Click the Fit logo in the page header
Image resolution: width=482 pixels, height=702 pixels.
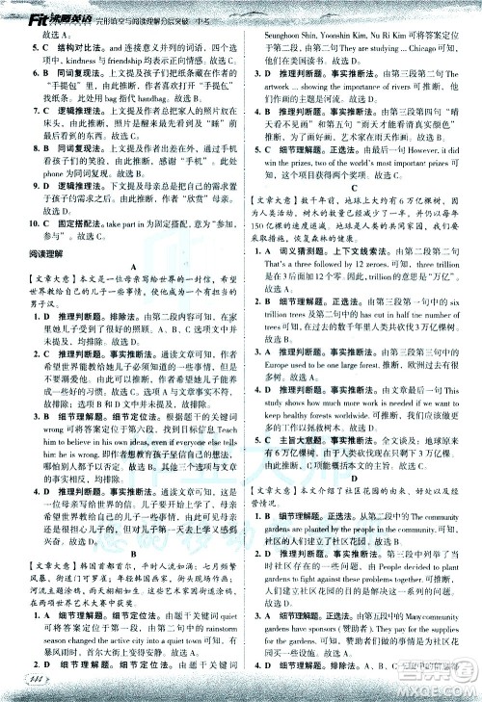[x=17, y=8]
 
